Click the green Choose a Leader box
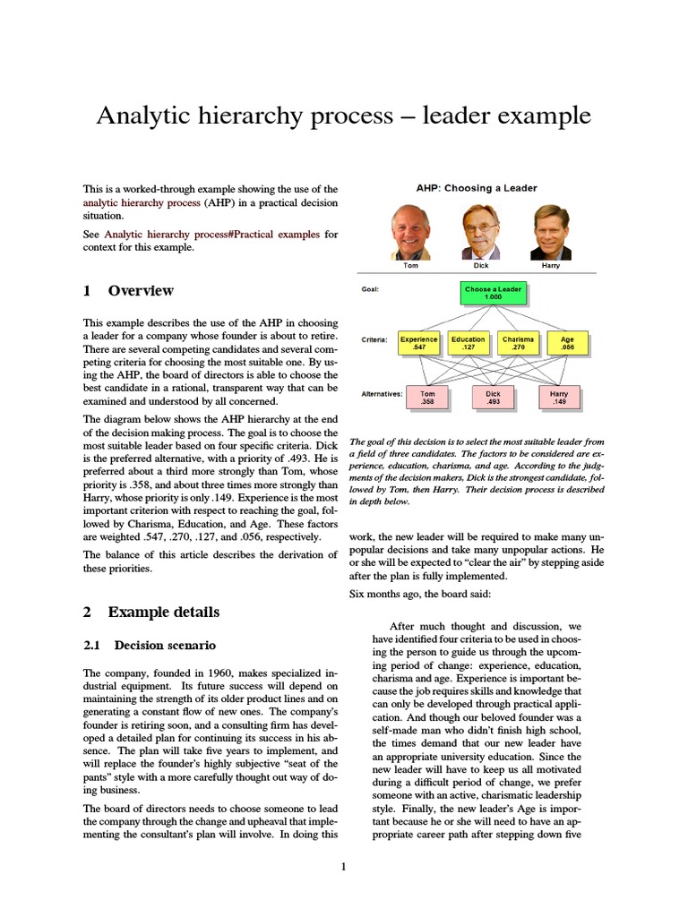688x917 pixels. point(493,294)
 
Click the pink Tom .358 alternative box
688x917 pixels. point(427,397)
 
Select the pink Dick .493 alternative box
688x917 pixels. point(493,397)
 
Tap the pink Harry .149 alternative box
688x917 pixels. point(559,397)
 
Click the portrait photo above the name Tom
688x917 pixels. point(411,232)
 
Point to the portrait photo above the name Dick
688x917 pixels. point(481,232)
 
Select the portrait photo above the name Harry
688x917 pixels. point(551,232)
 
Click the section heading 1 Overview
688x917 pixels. point(128,291)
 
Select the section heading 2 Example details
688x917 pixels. point(150,613)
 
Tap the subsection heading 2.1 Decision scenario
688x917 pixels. point(149,645)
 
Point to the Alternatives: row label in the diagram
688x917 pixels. point(383,393)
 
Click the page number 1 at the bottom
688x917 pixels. point(343,866)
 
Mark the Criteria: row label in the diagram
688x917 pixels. point(374,340)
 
